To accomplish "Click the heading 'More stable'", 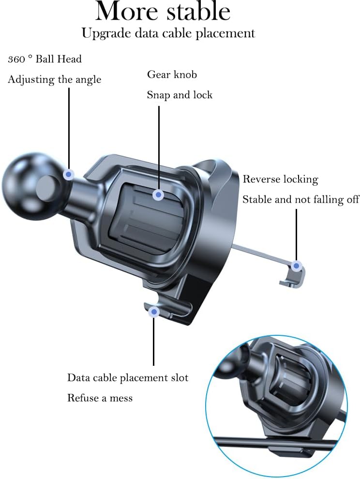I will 163,11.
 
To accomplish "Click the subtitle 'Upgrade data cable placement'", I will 168,33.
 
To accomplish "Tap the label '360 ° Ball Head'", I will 45,60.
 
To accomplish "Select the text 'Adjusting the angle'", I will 54,79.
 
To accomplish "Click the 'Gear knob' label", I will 172,75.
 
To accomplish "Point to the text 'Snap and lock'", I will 180,95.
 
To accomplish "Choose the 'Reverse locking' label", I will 280,180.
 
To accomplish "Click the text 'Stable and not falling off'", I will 300,199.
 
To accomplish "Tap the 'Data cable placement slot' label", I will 128,377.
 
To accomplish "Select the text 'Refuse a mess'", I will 100,398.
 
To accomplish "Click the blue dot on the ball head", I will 69,174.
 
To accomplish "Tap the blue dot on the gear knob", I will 158,195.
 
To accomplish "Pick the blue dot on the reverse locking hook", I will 297,265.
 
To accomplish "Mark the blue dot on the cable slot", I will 154,312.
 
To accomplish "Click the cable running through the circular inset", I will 271,441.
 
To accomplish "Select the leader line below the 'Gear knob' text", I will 159,145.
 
